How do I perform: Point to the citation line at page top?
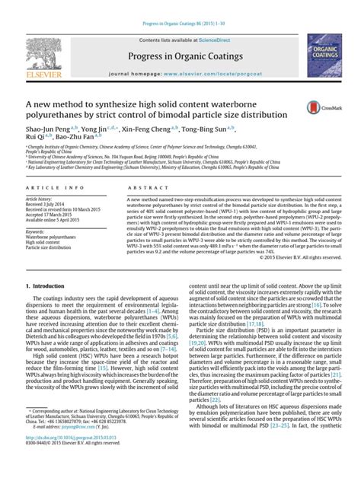(x=180, y=7)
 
